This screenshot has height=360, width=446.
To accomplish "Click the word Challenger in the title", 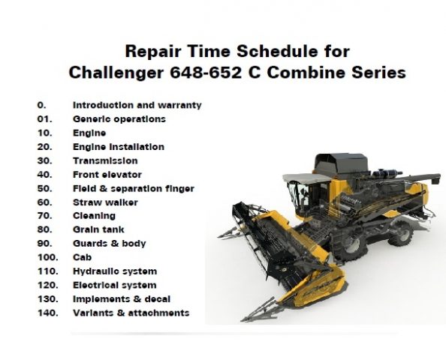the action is (116, 73).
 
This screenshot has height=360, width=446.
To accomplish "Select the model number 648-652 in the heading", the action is (206, 73).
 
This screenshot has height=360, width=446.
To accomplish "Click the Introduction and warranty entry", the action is (137, 105).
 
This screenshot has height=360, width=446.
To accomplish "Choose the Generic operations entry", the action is (119, 119).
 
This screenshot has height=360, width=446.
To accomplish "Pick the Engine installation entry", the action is (119, 147).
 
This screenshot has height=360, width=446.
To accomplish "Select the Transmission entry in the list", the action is (105, 160).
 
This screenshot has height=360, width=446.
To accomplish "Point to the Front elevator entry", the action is (107, 175).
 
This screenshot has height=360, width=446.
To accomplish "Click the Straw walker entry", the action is (105, 202).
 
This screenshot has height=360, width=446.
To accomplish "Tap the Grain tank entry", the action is (98, 229).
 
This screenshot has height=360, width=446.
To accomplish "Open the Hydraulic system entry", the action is (115, 271).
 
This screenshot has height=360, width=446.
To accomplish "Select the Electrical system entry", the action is (115, 285).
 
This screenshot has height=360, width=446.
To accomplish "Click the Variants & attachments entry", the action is (131, 313).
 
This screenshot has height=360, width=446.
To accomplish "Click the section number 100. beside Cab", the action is (48, 257).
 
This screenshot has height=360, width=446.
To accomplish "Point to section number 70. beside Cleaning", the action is (44, 216).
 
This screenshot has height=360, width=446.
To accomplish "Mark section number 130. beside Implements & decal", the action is (48, 299).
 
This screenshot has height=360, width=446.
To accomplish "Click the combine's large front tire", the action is (349, 245).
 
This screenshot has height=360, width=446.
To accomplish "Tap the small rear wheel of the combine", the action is (401, 234).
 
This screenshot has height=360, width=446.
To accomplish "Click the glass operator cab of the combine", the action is (308, 196).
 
